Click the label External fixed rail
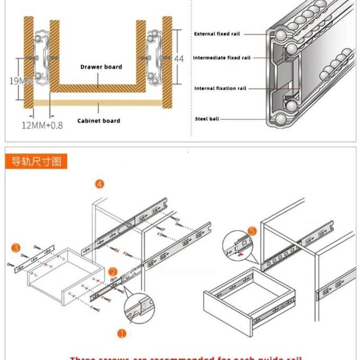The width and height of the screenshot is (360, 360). pyautogui.click(x=217, y=34)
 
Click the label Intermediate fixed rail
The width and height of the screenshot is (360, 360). pyautogui.click(x=221, y=58)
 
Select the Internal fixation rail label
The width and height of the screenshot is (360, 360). pyautogui.click(x=220, y=89)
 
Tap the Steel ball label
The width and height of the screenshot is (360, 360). pyautogui.click(x=207, y=119)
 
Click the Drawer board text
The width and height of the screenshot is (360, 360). pyautogui.click(x=101, y=67)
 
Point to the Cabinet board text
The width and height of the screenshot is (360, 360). pyautogui.click(x=99, y=121)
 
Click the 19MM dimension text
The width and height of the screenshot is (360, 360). pyautogui.click(x=21, y=81)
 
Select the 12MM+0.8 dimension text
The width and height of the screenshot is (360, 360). pyautogui.click(x=42, y=125)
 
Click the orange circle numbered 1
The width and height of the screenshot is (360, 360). pyautogui.click(x=122, y=334)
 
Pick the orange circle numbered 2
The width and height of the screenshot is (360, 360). pyautogui.click(x=113, y=272)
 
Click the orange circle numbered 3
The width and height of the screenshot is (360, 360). pyautogui.click(x=16, y=248)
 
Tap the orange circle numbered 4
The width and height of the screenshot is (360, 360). pyautogui.click(x=99, y=184)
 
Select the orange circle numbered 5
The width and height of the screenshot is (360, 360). pyautogui.click(x=252, y=231)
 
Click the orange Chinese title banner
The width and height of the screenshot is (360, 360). pyautogui.click(x=37, y=161)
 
